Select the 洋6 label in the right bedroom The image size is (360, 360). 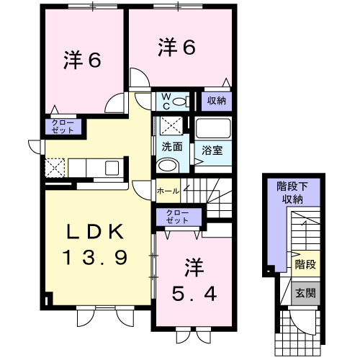pyautogui.click(x=176, y=48)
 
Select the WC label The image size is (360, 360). pyautogui.click(x=164, y=101)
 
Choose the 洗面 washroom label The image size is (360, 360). pyautogui.click(x=171, y=147)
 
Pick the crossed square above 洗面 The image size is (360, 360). pyautogui.click(x=171, y=126)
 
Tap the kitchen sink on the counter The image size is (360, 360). pyautogui.click(x=113, y=168)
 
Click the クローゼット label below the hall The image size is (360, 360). pyautogui.click(x=175, y=217)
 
